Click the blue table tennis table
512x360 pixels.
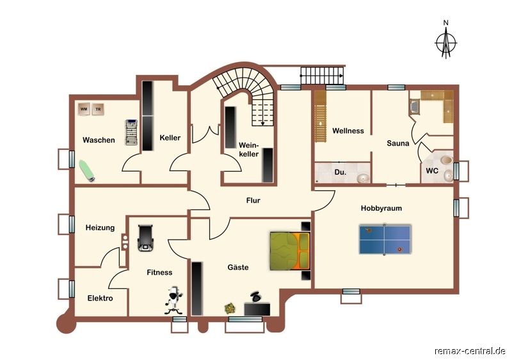(385, 240)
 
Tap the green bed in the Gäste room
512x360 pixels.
(290, 251)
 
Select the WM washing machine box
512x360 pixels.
(84, 109)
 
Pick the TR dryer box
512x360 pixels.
(98, 110)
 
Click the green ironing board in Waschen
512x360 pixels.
(87, 170)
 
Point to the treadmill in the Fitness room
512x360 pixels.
(146, 238)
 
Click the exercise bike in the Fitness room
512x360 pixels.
(173, 300)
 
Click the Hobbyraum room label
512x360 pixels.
(381, 208)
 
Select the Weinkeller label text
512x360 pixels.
(249, 150)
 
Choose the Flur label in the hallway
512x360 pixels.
(253, 200)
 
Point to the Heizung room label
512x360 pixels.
(100, 227)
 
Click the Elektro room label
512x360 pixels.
(100, 299)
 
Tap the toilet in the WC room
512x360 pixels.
(446, 160)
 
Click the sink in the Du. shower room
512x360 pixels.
(363, 178)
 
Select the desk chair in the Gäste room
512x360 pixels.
(256, 297)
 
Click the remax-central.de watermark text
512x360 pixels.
(470, 351)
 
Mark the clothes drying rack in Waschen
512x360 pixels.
(131, 133)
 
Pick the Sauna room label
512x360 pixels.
(397, 143)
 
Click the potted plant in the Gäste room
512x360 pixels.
(230, 308)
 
